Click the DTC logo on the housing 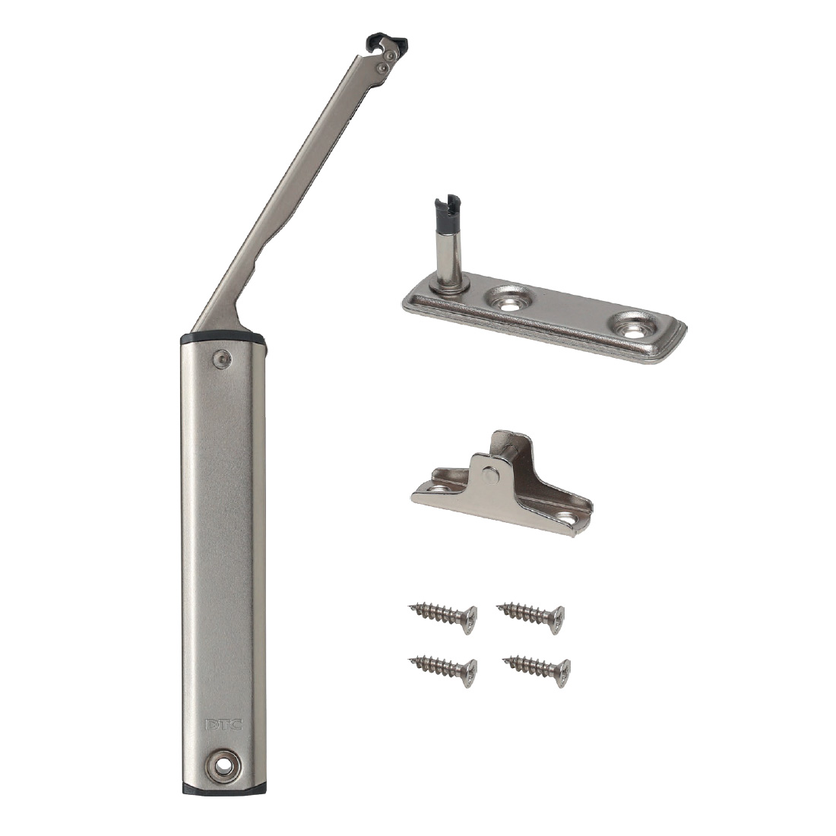223,724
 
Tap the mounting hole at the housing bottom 223,766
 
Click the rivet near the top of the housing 223,359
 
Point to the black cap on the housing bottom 223,789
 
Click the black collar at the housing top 223,338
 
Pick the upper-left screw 444,617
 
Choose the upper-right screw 530,617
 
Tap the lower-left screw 444,670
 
